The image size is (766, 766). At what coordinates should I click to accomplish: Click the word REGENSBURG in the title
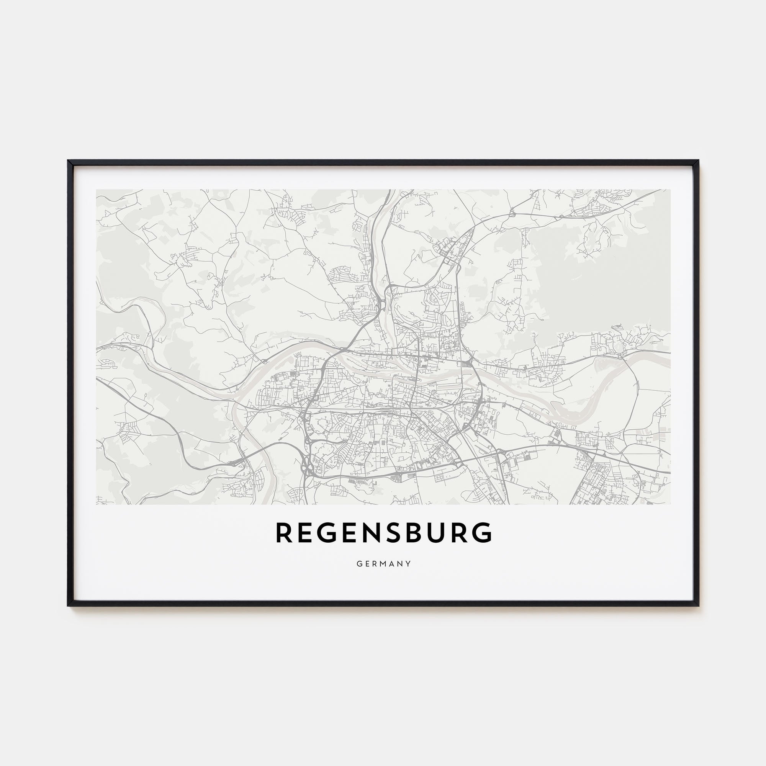tap(383, 532)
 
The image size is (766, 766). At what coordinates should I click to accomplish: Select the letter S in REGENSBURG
tap(387, 532)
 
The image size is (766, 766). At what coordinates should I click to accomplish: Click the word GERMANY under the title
tap(383, 564)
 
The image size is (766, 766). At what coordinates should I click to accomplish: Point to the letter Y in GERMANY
tap(408, 564)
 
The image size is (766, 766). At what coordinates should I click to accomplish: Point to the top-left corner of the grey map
tap(97, 190)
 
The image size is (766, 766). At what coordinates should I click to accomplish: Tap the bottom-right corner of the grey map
tap(671, 504)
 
